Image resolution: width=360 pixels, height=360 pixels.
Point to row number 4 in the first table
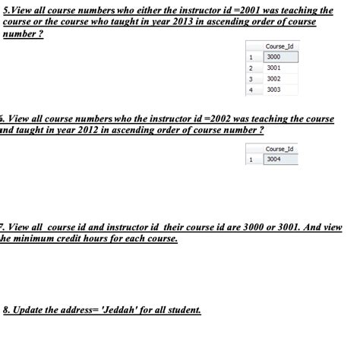coord(251,89)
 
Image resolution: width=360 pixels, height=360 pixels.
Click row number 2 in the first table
coord(251,68)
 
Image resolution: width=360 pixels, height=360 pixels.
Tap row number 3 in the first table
coord(251,78)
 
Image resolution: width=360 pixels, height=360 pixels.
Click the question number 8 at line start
coord(6,311)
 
